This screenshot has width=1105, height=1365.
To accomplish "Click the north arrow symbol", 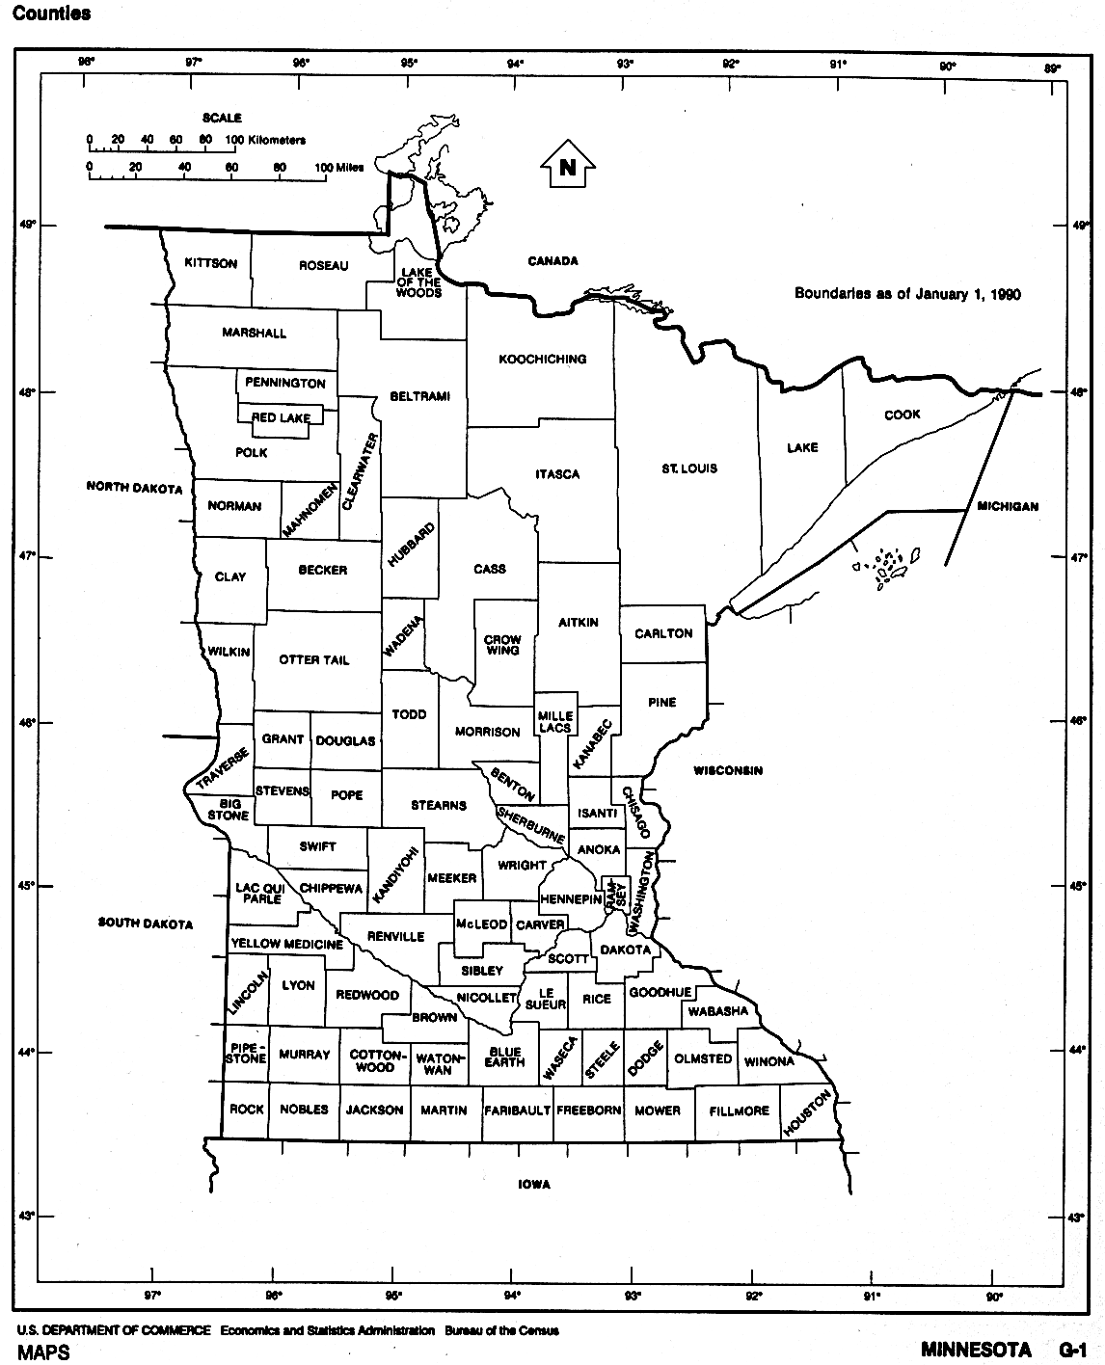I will coord(568,167).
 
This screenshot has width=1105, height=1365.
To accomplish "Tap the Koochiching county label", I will coord(542,360).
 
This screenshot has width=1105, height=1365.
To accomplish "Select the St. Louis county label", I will coord(689,468).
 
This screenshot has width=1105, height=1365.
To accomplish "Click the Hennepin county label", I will coord(571,898).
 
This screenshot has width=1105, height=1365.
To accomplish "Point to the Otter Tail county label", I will coord(314,660).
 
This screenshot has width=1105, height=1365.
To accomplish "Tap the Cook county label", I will coord(903,415).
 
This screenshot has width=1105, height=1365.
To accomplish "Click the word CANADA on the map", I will coord(552,261).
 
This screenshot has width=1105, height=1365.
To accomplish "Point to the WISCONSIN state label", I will coord(728,770).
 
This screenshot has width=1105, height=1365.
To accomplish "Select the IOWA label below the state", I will coord(533,1185).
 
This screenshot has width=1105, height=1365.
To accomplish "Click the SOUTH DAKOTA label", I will coord(146,923).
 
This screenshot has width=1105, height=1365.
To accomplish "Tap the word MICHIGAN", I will coord(1008,506).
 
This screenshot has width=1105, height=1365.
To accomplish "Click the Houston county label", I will coord(807,1113).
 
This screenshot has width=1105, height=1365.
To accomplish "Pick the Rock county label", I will coord(247,1110).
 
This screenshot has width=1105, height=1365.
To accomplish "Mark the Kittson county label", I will coord(210,263).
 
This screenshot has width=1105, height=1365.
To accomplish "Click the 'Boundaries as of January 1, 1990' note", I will coord(906,294).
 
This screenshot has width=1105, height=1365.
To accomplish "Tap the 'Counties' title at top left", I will coord(53,13).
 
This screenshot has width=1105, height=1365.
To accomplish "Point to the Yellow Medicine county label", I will coord(286,944).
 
